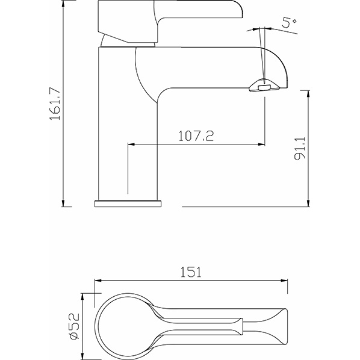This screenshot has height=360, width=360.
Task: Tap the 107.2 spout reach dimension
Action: [x=196, y=135]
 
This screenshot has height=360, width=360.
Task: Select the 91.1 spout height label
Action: [x=300, y=147]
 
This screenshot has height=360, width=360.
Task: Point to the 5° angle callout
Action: [x=290, y=22]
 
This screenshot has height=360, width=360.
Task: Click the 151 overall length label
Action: [x=191, y=272]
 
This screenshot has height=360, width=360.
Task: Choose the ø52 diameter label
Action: [x=74, y=326]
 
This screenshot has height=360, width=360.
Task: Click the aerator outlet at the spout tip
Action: [x=264, y=87]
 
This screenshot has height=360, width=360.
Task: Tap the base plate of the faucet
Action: [x=128, y=203]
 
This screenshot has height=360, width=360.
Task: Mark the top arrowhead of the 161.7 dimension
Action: [x=63, y=3]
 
